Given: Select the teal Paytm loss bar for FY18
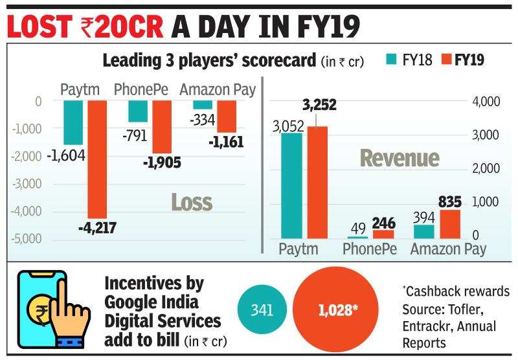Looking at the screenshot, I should point(73,122).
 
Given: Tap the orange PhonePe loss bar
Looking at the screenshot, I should point(162,126).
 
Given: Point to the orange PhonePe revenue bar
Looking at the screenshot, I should point(383,234).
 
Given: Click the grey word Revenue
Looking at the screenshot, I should point(400,157).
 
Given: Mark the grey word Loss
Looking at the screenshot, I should point(192,202).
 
